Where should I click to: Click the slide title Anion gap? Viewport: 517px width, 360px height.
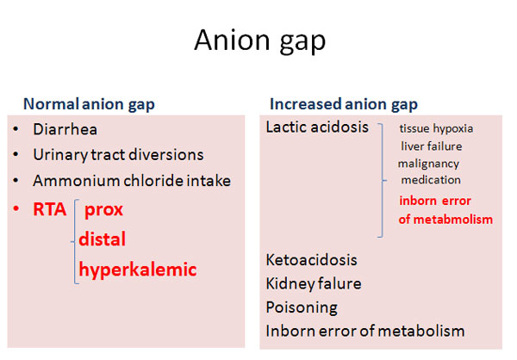260,41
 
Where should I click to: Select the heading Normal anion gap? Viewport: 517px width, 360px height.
89,104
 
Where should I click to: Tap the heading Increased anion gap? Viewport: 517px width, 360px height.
344,104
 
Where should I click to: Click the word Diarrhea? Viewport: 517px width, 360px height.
65,129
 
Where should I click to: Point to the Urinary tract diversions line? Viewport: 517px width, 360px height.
118,155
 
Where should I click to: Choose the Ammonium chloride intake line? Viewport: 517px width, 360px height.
132,181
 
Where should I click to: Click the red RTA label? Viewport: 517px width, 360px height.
50,209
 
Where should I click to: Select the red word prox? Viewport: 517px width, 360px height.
104,210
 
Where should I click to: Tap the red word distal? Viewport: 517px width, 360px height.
103,239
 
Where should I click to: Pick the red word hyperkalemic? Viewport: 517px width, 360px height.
138,270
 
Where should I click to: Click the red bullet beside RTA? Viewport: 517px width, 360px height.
16,208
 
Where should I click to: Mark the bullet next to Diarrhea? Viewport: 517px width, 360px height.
16,129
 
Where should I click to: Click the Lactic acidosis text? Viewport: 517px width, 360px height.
317,127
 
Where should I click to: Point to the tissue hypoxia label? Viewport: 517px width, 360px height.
436,128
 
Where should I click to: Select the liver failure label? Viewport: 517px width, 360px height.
432,146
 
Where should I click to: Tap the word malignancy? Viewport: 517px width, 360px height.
428,164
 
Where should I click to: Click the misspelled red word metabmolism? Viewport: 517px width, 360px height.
453,220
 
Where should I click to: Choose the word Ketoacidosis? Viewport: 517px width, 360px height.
312,260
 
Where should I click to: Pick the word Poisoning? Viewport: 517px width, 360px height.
302,308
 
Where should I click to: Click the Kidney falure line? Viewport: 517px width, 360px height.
314,284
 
